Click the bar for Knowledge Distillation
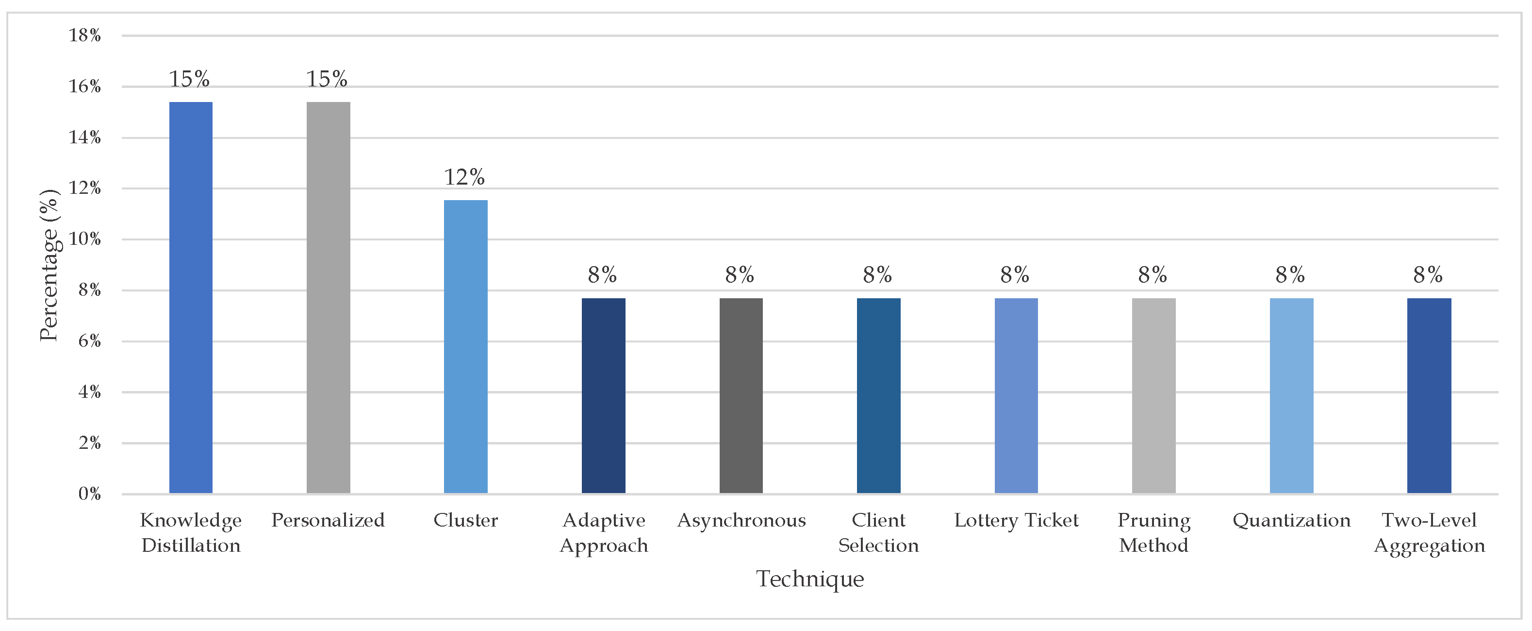point(190,298)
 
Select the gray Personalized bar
point(328,298)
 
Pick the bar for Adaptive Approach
point(603,395)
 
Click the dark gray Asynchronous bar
point(741,395)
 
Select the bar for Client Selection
point(878,395)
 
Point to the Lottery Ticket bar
point(1016,395)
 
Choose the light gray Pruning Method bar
point(1154,395)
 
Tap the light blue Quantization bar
point(1291,395)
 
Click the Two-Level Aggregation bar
point(1429,395)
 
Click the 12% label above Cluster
point(464,177)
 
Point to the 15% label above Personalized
point(327,79)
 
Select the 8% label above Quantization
point(1290,275)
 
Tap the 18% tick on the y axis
point(85,36)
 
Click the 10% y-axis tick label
point(85,239)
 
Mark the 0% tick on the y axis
point(89,494)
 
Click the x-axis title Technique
point(810,579)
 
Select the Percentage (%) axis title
point(49,265)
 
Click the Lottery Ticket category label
point(1016,521)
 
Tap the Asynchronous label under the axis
point(741,521)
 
